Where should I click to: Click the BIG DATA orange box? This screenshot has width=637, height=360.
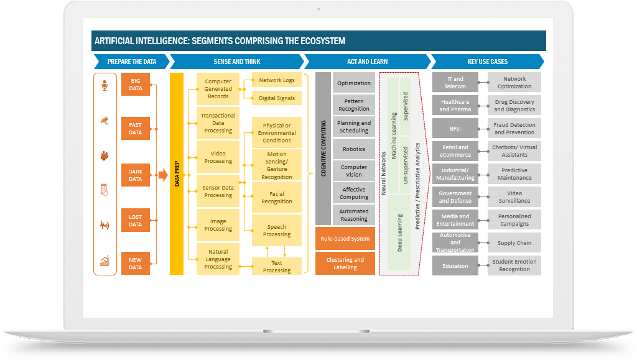[135, 85]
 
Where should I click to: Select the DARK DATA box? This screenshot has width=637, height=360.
[135, 175]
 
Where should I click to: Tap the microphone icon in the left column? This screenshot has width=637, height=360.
[105, 85]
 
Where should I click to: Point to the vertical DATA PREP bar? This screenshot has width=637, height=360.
[177, 173]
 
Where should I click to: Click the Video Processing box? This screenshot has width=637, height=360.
[218, 157]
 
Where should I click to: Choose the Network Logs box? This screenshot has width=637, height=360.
[277, 80]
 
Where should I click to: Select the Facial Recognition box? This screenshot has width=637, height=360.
[277, 198]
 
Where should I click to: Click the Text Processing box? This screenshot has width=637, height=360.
[277, 267]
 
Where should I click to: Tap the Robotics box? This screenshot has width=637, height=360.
[354, 149]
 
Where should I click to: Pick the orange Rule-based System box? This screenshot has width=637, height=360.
[345, 239]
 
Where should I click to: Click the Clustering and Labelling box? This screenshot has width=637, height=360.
[345, 264]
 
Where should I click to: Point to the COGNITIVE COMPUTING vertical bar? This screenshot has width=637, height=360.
[323, 148]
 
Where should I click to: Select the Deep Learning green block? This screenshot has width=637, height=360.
[399, 233]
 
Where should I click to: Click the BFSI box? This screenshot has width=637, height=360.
[455, 129]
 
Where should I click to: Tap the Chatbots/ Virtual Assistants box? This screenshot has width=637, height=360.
[514, 151]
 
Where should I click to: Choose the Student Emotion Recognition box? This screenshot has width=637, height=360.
[514, 265]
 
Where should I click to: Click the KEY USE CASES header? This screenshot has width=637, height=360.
[488, 62]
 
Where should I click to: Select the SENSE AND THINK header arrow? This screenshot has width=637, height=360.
[236, 62]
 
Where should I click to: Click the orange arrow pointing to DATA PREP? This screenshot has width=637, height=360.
[163, 175]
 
